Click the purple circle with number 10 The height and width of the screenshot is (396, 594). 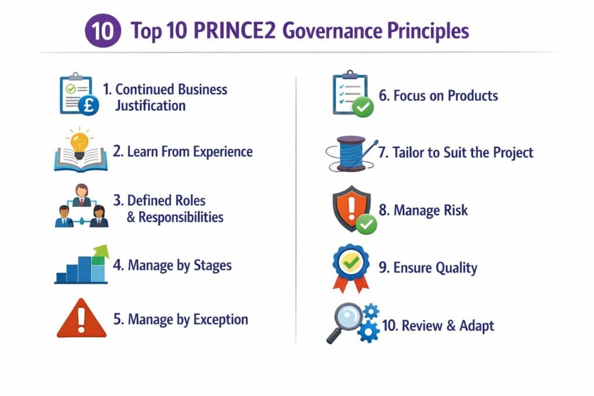pos(103,31)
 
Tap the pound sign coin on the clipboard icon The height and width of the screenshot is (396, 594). pos(90,106)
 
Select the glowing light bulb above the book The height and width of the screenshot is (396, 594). pos(79,141)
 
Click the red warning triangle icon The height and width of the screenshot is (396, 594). pos(81,319)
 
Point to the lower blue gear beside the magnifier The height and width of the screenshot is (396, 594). pos(368,332)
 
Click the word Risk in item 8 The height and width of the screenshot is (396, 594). pos(455,210)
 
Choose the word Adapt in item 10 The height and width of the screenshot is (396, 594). pos(477,325)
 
